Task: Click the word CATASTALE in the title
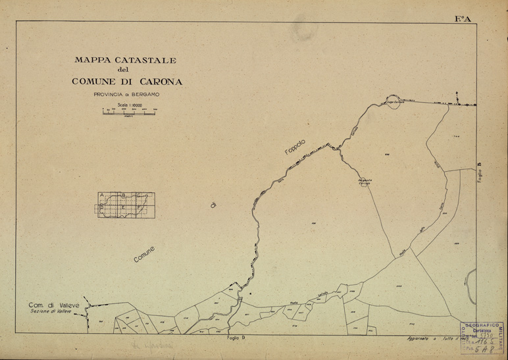pos(143,61)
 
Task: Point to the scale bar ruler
pos(129,113)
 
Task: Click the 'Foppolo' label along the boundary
pos(297,147)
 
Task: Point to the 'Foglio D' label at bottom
pos(234,338)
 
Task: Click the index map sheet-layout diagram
pos(125,205)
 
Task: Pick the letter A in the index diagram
pos(102,195)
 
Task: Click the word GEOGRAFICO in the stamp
pos(484,325)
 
